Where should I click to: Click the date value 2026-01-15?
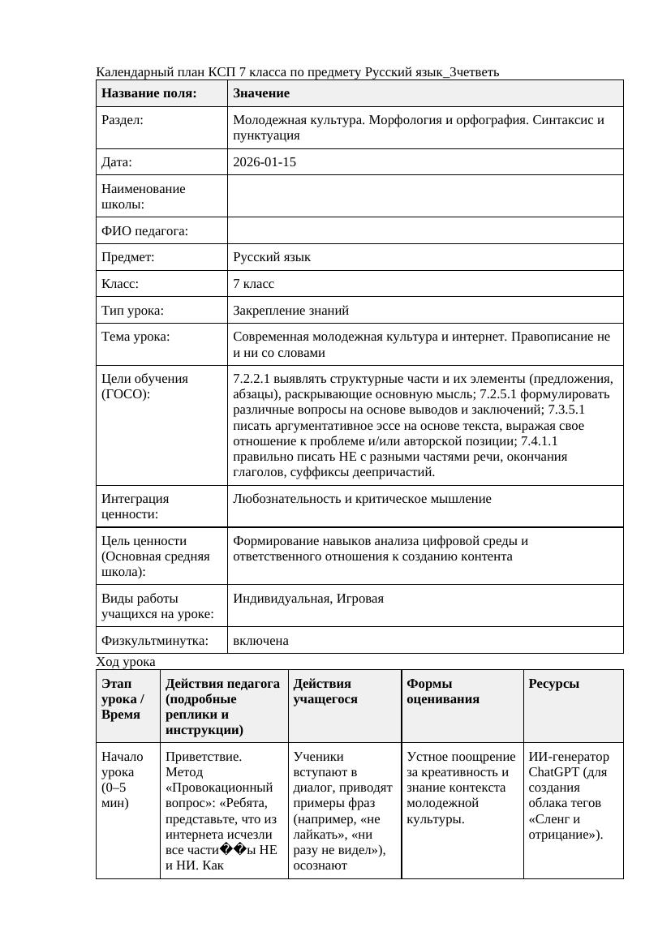tap(264, 162)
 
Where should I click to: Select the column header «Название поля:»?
tap(149, 93)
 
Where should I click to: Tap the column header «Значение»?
tap(260, 93)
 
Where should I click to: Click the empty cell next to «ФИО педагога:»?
tap(425, 231)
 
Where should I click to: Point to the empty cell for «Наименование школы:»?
tap(425, 196)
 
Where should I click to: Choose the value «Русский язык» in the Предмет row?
tap(272, 257)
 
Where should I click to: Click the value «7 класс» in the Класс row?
tap(253, 284)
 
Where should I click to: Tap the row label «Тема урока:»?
tap(135, 337)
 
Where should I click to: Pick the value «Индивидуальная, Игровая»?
tap(308, 599)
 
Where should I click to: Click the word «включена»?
tap(260, 641)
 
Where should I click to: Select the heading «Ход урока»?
tap(126, 662)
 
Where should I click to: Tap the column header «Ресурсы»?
tap(553, 684)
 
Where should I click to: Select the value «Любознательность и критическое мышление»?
tap(362, 499)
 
